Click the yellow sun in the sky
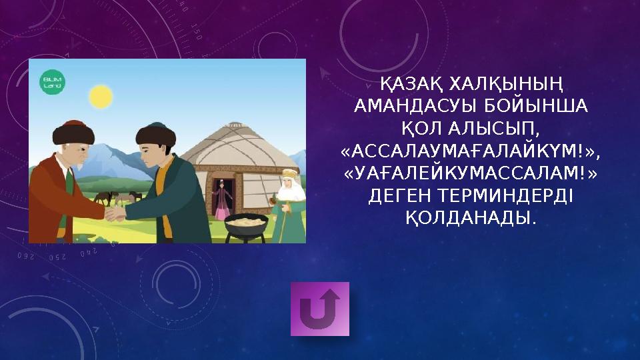pos(101,97)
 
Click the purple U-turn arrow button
pos(320,309)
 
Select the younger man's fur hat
pos(155,135)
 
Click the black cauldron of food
pos(246,225)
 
